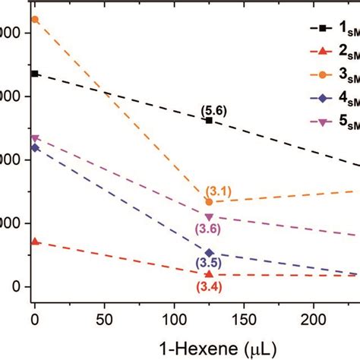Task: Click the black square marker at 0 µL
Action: click(34, 74)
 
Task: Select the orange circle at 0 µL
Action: click(34, 19)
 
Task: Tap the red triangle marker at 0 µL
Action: click(34, 242)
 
